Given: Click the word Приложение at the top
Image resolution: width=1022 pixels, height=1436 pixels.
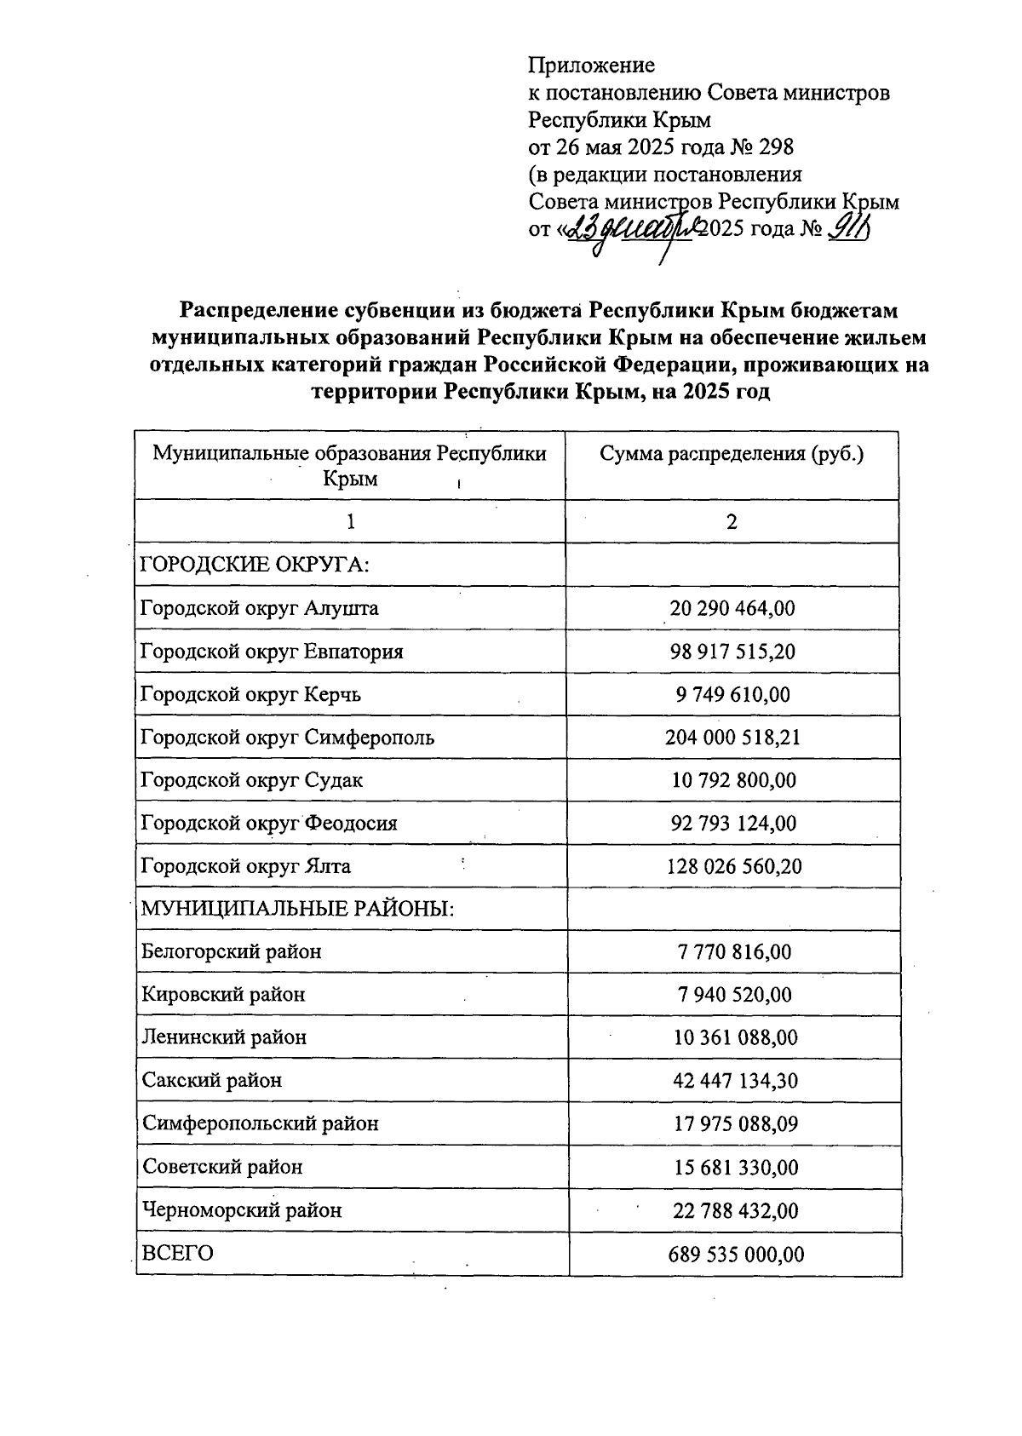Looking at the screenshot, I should pyautogui.click(x=591, y=66).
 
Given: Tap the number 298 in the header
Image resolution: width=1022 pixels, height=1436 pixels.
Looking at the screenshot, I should pyautogui.click(x=774, y=147).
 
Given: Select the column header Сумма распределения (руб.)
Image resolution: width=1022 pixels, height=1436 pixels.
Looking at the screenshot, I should pyautogui.click(x=732, y=454).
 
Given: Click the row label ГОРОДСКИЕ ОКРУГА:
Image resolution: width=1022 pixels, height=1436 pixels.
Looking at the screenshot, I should pyautogui.click(x=254, y=565).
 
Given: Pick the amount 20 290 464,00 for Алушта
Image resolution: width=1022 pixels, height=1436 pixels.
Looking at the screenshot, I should pyautogui.click(x=732, y=608).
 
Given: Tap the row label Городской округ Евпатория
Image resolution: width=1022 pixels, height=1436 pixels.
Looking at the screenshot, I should pyautogui.click(x=272, y=652).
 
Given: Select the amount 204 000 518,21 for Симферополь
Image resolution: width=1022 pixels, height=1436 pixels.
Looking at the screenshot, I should pyautogui.click(x=732, y=738).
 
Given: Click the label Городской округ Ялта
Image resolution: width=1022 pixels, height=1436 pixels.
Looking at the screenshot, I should pyautogui.click(x=245, y=866).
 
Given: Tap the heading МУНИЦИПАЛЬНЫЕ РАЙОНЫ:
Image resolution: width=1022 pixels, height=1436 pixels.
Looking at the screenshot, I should pyautogui.click(x=297, y=909).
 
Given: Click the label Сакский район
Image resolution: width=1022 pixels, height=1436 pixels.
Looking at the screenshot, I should pyautogui.click(x=212, y=1081).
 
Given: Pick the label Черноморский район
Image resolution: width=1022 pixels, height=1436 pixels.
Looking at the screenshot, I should pyautogui.click(x=242, y=1209).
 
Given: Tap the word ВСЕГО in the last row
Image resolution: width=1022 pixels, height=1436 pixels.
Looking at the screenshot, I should pyautogui.click(x=177, y=1254).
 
